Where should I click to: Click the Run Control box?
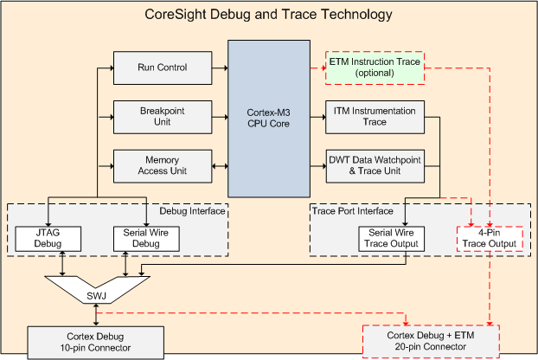click(163, 68)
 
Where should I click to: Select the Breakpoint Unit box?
click(163, 117)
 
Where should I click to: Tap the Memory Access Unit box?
click(163, 166)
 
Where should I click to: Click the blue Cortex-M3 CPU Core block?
click(269, 119)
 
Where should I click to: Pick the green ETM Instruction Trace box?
click(375, 68)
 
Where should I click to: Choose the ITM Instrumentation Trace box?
click(375, 117)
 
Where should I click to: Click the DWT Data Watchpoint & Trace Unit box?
click(375, 166)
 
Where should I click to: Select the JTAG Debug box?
click(48, 239)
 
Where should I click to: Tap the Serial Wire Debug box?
click(146, 239)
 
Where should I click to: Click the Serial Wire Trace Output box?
click(391, 239)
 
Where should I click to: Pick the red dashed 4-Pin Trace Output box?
click(490, 239)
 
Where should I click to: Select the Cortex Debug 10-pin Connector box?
click(96, 343)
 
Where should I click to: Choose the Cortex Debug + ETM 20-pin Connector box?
click(431, 342)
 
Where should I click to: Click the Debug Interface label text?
click(192, 211)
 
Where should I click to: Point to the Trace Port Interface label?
click(352, 211)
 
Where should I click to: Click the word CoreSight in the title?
click(176, 15)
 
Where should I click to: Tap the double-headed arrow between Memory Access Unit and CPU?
click(220, 166)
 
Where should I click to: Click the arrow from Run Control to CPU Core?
click(220, 68)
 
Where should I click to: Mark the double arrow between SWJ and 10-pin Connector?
click(96, 315)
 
